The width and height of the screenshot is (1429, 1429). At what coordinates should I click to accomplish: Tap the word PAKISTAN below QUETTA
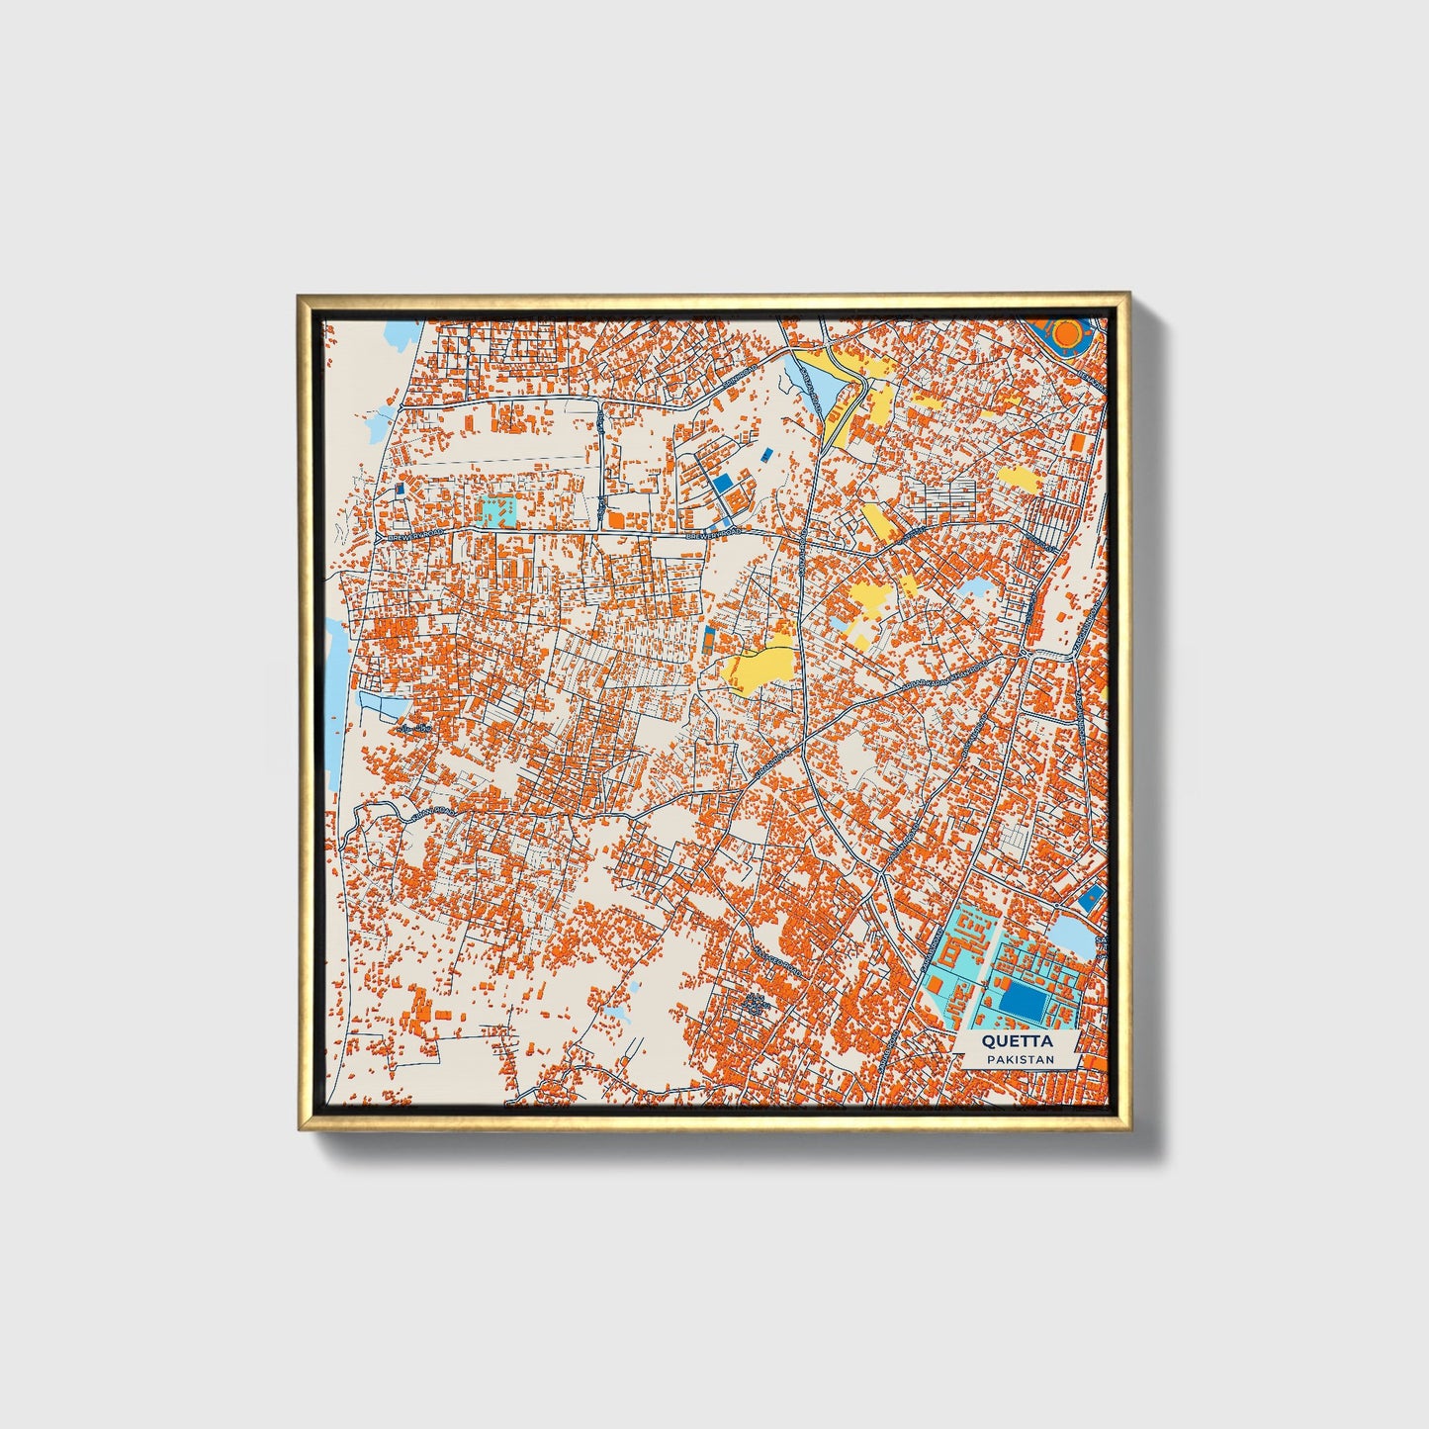click(1019, 1059)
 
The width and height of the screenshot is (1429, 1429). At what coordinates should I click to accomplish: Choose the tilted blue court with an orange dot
click(1091, 899)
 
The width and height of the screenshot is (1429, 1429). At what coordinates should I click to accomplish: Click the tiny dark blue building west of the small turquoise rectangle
click(400, 489)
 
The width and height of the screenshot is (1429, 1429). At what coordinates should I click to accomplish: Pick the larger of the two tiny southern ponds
click(619, 1014)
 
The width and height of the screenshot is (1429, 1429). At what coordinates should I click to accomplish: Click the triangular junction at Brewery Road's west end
click(381, 535)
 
